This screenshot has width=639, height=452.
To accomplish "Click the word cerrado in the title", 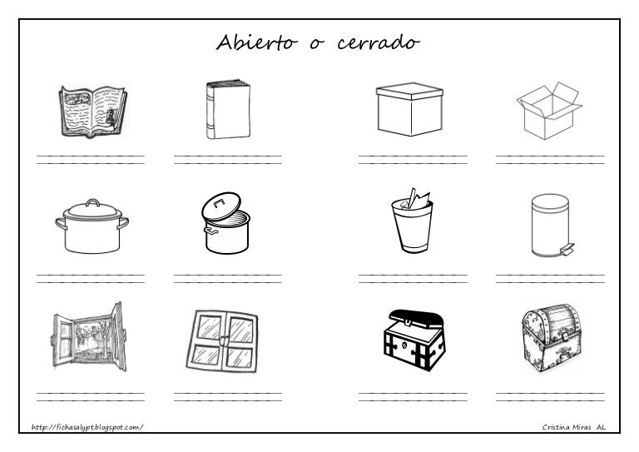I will click(378, 42).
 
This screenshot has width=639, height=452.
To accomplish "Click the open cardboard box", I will click(549, 109).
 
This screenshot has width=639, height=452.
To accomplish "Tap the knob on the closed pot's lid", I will click(92, 201).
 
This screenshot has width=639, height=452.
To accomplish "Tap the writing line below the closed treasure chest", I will click(549, 396).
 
